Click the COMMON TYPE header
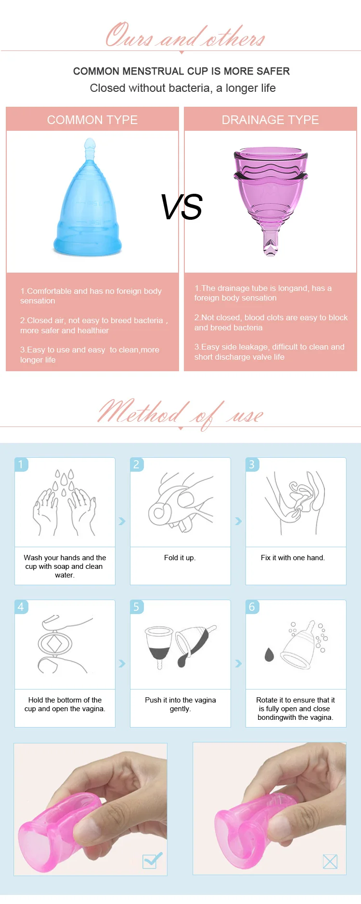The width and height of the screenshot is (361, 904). coord(92,120)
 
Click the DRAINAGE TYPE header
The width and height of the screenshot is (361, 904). coord(270,120)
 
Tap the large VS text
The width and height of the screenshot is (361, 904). coord(181,207)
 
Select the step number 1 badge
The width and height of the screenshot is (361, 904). coord(21,464)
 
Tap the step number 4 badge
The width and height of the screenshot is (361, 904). coord(21,606)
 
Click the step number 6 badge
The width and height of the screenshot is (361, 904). coord(252,606)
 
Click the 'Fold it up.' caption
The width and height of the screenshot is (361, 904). coord(180,558)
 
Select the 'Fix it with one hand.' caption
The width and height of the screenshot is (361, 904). coord(293,558)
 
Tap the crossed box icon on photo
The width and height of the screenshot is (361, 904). coord(330,861)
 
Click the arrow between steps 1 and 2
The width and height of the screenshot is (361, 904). coord(122,521)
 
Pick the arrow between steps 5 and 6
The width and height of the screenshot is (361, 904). coord(238,664)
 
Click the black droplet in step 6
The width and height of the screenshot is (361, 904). coord(269,654)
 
